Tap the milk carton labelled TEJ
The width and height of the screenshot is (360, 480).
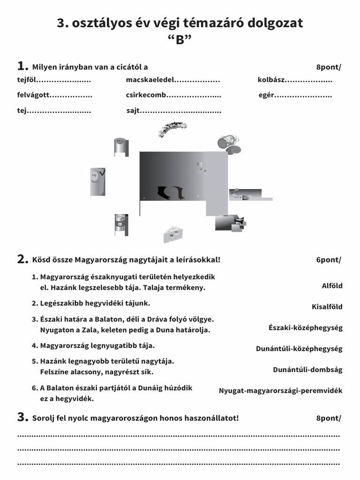point(97,181)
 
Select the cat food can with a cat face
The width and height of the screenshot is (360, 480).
point(121,225)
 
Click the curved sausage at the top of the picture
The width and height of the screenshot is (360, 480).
point(172,128)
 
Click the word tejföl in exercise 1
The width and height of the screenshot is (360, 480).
point(26,80)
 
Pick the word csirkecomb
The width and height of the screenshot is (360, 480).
point(146,95)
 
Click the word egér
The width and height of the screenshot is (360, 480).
point(266,95)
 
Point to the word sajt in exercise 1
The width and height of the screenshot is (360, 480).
point(133,111)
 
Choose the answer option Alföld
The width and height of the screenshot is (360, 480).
point(332,285)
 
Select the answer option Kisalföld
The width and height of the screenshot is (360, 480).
point(327,307)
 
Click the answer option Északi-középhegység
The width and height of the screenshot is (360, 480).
point(305,328)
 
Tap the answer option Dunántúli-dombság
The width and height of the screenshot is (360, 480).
point(307,369)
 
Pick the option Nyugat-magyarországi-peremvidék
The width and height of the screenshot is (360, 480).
point(280,390)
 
